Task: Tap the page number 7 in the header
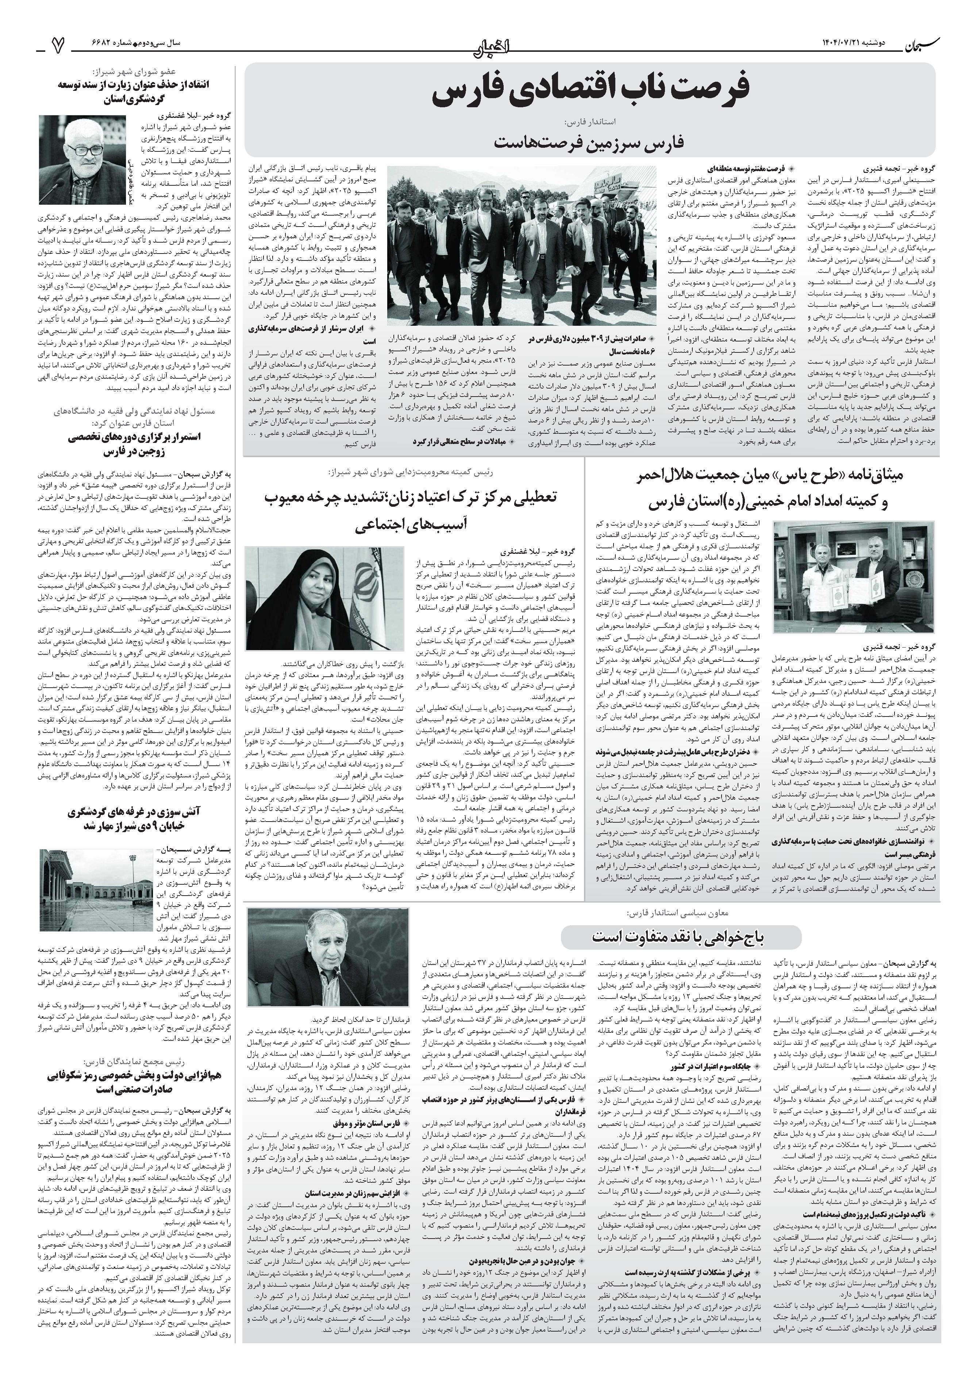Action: [57, 45]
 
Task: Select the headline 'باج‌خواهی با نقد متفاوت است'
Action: [680, 936]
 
